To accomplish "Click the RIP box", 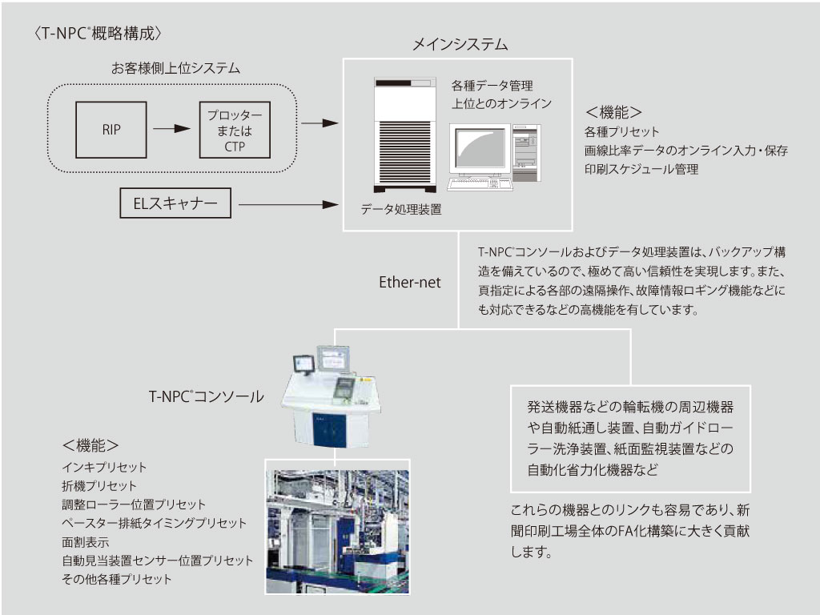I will click(112, 128).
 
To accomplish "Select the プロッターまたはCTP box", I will click(235, 129).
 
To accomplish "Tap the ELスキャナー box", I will click(175, 203).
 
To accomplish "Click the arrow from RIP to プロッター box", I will click(169, 128).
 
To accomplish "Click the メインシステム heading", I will click(459, 44).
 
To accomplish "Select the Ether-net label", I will click(410, 283).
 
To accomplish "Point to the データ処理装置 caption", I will click(401, 209).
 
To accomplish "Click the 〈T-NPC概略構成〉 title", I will click(99, 33).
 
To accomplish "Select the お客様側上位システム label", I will click(175, 70).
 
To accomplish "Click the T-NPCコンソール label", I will click(206, 396).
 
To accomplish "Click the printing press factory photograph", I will click(337, 526).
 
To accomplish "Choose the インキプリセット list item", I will click(104, 467).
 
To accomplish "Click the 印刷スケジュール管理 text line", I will click(641, 169).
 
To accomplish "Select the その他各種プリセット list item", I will click(117, 579).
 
